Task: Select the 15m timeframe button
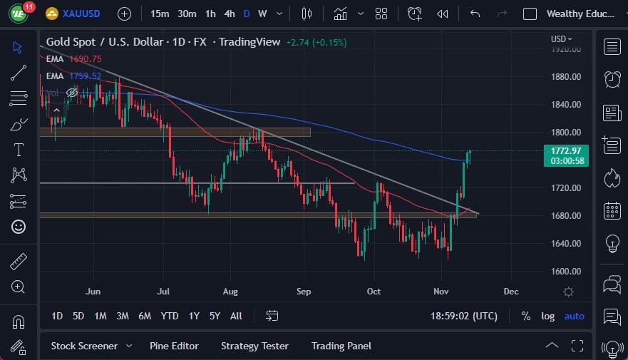pos(160,14)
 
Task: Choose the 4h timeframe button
pos(229,14)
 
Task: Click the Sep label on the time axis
pos(304,291)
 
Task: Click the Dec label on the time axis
pos(510,291)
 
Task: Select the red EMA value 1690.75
pos(86,59)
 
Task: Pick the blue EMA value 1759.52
pos(86,76)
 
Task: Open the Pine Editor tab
pos(174,346)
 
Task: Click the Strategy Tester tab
pos(254,346)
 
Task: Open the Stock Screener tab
pos(84,346)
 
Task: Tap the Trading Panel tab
pos(341,346)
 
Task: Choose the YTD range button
pos(170,316)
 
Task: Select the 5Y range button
pos(215,316)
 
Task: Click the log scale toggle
pos(547,316)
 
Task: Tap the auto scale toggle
pos(574,316)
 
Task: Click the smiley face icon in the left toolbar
pos(19,227)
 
